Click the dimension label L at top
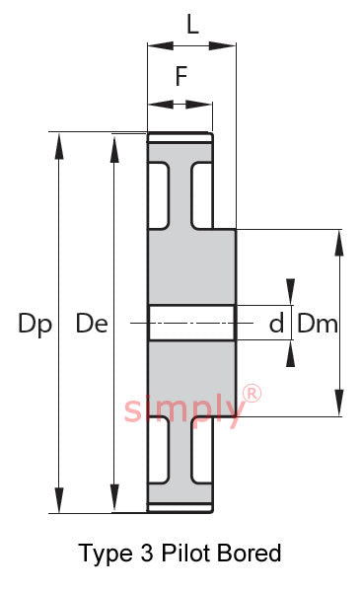[192, 24]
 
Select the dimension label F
[181, 76]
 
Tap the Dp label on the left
[36, 325]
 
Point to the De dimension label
[92, 324]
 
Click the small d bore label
[276, 324]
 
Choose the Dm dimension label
[318, 324]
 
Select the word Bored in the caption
[250, 554]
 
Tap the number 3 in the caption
[147, 554]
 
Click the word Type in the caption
[106, 555]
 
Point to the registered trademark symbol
[252, 394]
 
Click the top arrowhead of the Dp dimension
[59, 146]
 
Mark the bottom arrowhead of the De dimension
[114, 498]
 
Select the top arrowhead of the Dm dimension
[339, 243]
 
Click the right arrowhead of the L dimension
[222, 45]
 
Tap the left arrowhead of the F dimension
[161, 105]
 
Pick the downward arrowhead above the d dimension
[290, 291]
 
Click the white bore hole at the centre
[192, 324]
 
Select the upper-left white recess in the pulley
[158, 195]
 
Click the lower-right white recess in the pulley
[202, 451]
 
